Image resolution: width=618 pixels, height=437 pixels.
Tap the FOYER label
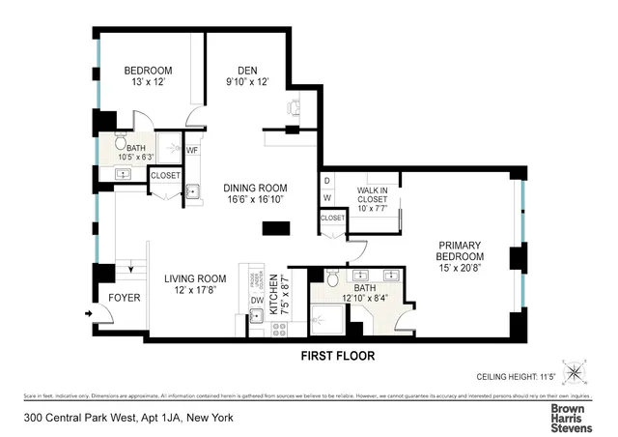tap(125, 298)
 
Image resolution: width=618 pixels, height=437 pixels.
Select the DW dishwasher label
tap(256, 301)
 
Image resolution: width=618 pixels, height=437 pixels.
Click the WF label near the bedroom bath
tap(191, 150)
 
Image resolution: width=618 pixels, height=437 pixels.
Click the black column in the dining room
tap(276, 228)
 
